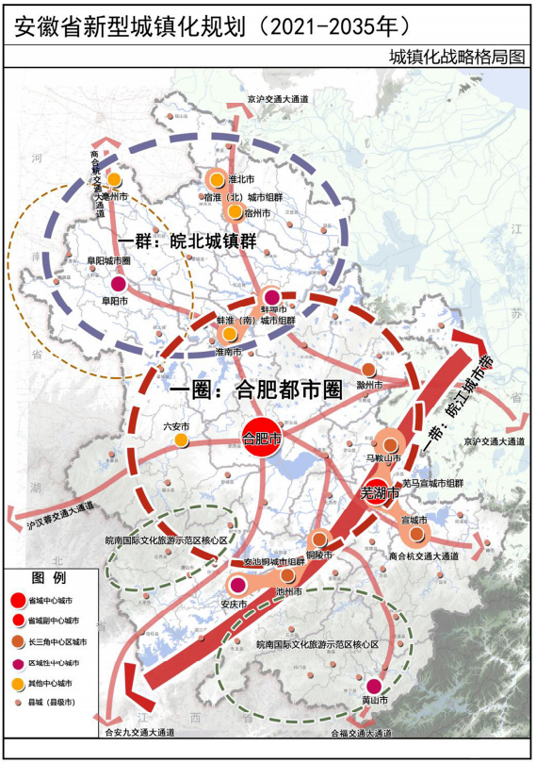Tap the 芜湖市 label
click(380, 492)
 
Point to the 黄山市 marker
click(374, 686)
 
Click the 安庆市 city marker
click(237, 587)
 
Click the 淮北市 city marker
click(217, 179)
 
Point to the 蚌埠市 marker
click(271, 298)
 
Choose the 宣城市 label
click(414, 520)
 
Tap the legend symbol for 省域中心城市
click(19, 600)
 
